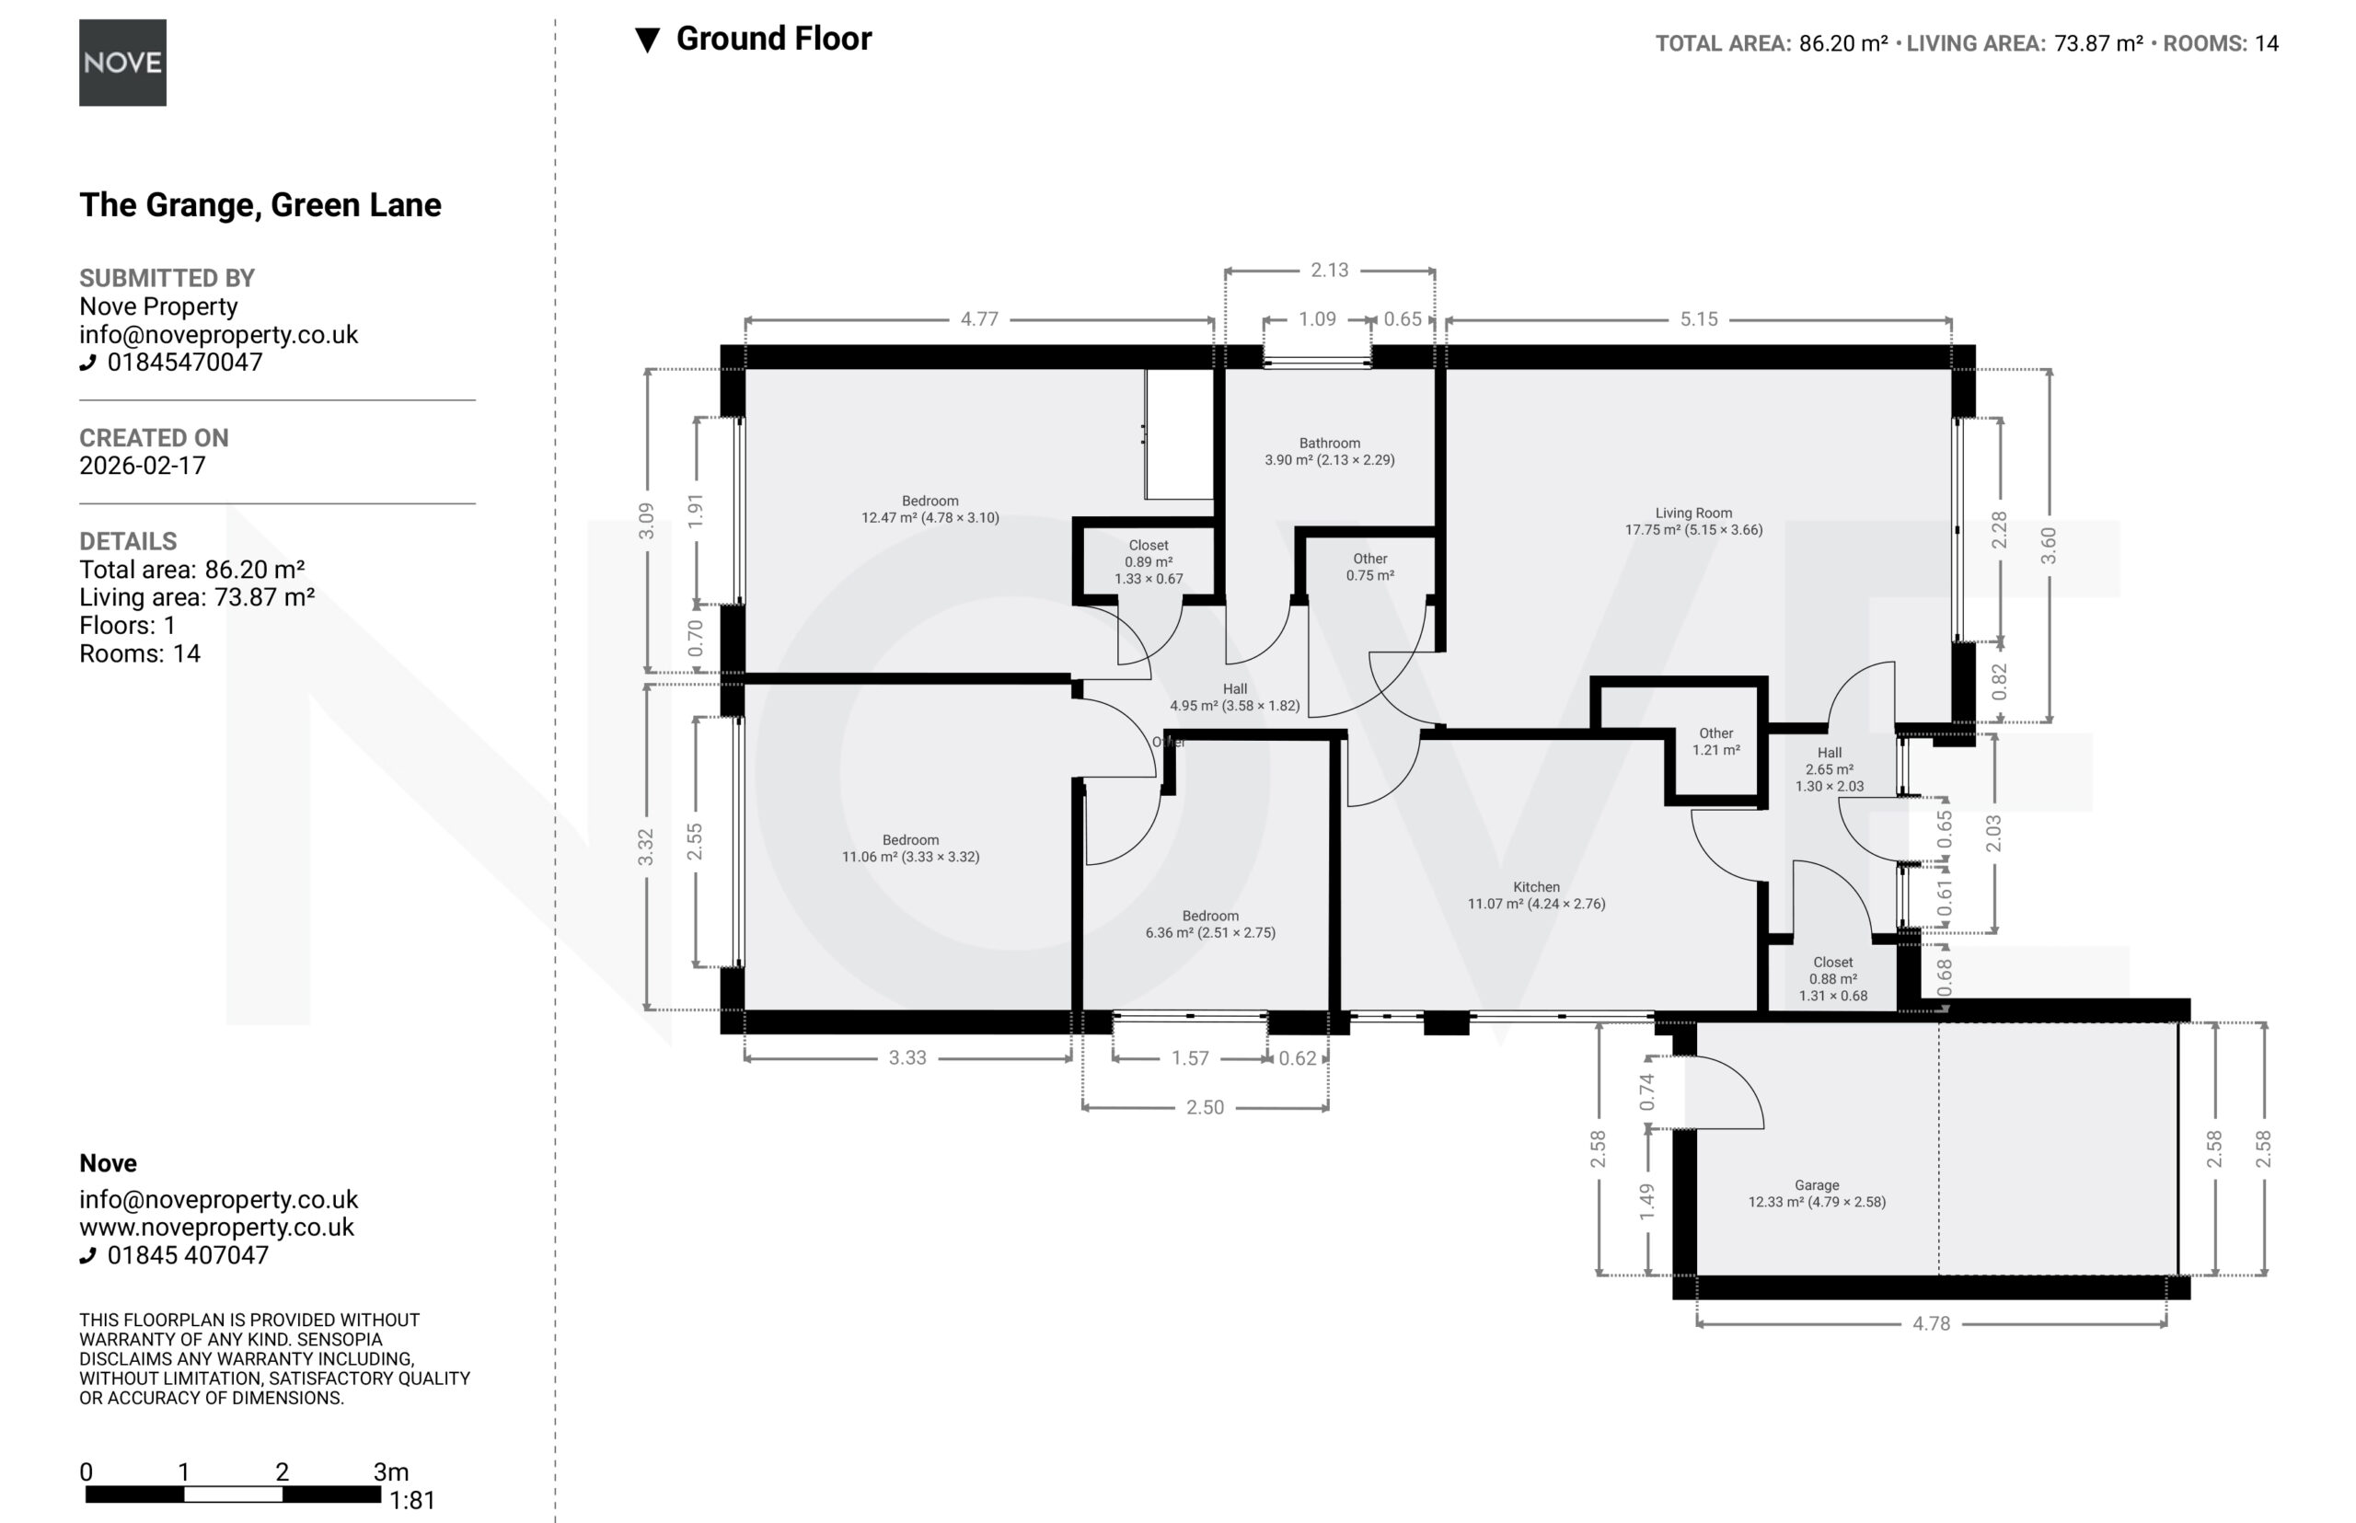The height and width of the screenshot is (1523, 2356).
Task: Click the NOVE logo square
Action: pyautogui.click(x=122, y=63)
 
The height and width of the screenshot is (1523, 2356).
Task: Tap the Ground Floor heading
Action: pyautogui.click(x=773, y=39)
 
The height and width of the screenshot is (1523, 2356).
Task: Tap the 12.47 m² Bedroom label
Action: pyautogui.click(x=930, y=509)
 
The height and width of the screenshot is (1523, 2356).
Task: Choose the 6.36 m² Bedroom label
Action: pyautogui.click(x=1210, y=924)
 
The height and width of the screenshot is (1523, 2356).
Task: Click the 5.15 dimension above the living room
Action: pyautogui.click(x=1699, y=319)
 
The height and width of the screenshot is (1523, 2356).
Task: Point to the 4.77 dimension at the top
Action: pyautogui.click(x=979, y=319)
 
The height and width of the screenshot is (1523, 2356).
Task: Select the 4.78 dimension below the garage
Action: pyautogui.click(x=1931, y=1323)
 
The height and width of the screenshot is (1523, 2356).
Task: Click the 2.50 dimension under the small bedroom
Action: pyautogui.click(x=1205, y=1108)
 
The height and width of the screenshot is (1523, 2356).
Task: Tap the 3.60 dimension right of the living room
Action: pyautogui.click(x=2049, y=546)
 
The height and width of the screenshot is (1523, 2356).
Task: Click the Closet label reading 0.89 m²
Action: pyautogui.click(x=1149, y=561)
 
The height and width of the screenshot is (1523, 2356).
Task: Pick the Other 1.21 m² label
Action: pyautogui.click(x=1716, y=742)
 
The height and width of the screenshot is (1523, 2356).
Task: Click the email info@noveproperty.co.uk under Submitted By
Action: pyautogui.click(x=219, y=334)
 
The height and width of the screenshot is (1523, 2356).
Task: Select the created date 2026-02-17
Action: pyautogui.click(x=143, y=466)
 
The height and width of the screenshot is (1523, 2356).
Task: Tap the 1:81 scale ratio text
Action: pyautogui.click(x=412, y=1500)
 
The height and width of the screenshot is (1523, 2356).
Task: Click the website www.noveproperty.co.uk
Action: pyautogui.click(x=216, y=1228)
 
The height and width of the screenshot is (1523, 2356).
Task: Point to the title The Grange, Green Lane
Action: pyautogui.click(x=260, y=204)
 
